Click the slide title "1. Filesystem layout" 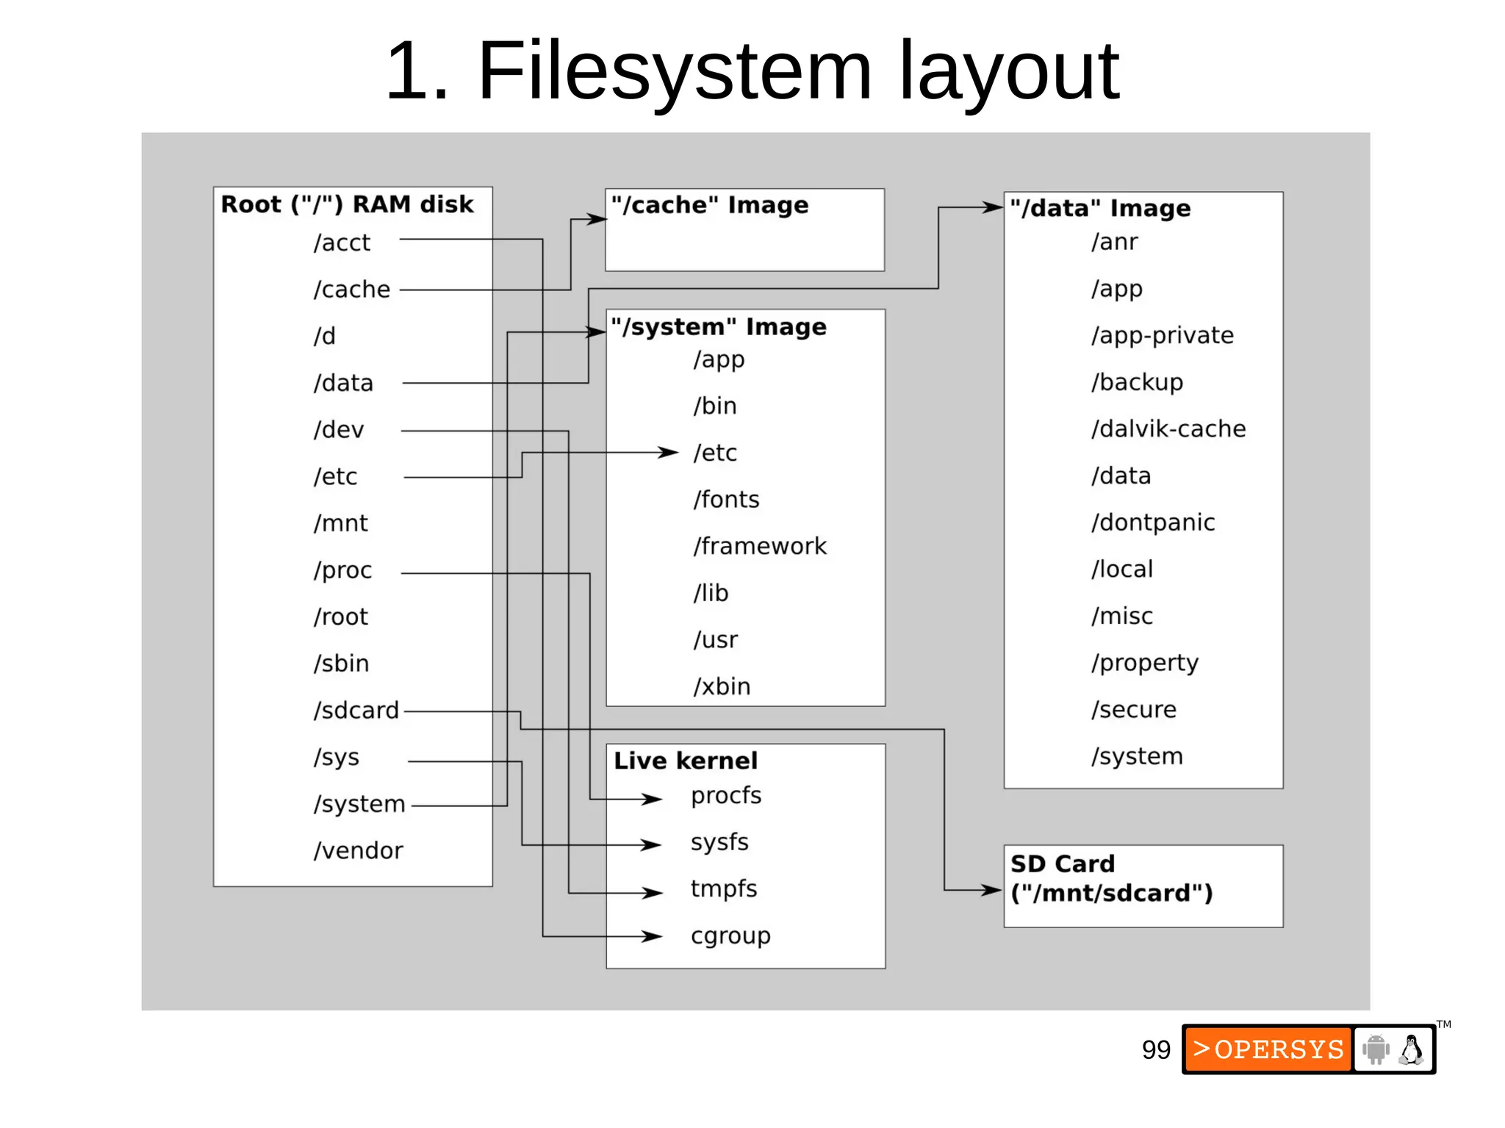751,71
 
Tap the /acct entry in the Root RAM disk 342,243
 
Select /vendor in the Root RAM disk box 359,850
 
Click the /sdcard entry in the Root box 356,710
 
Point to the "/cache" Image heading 710,205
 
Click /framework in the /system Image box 760,546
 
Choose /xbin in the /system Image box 722,686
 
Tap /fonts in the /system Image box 726,500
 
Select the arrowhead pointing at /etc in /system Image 669,452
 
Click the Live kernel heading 686,761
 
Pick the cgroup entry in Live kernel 730,936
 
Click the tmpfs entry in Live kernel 724,889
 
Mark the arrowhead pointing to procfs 653,799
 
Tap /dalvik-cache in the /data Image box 1168,429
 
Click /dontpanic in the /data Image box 1153,522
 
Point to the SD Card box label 1111,879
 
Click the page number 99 1156,1050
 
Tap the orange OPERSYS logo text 1268,1049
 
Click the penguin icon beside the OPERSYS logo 1411,1049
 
